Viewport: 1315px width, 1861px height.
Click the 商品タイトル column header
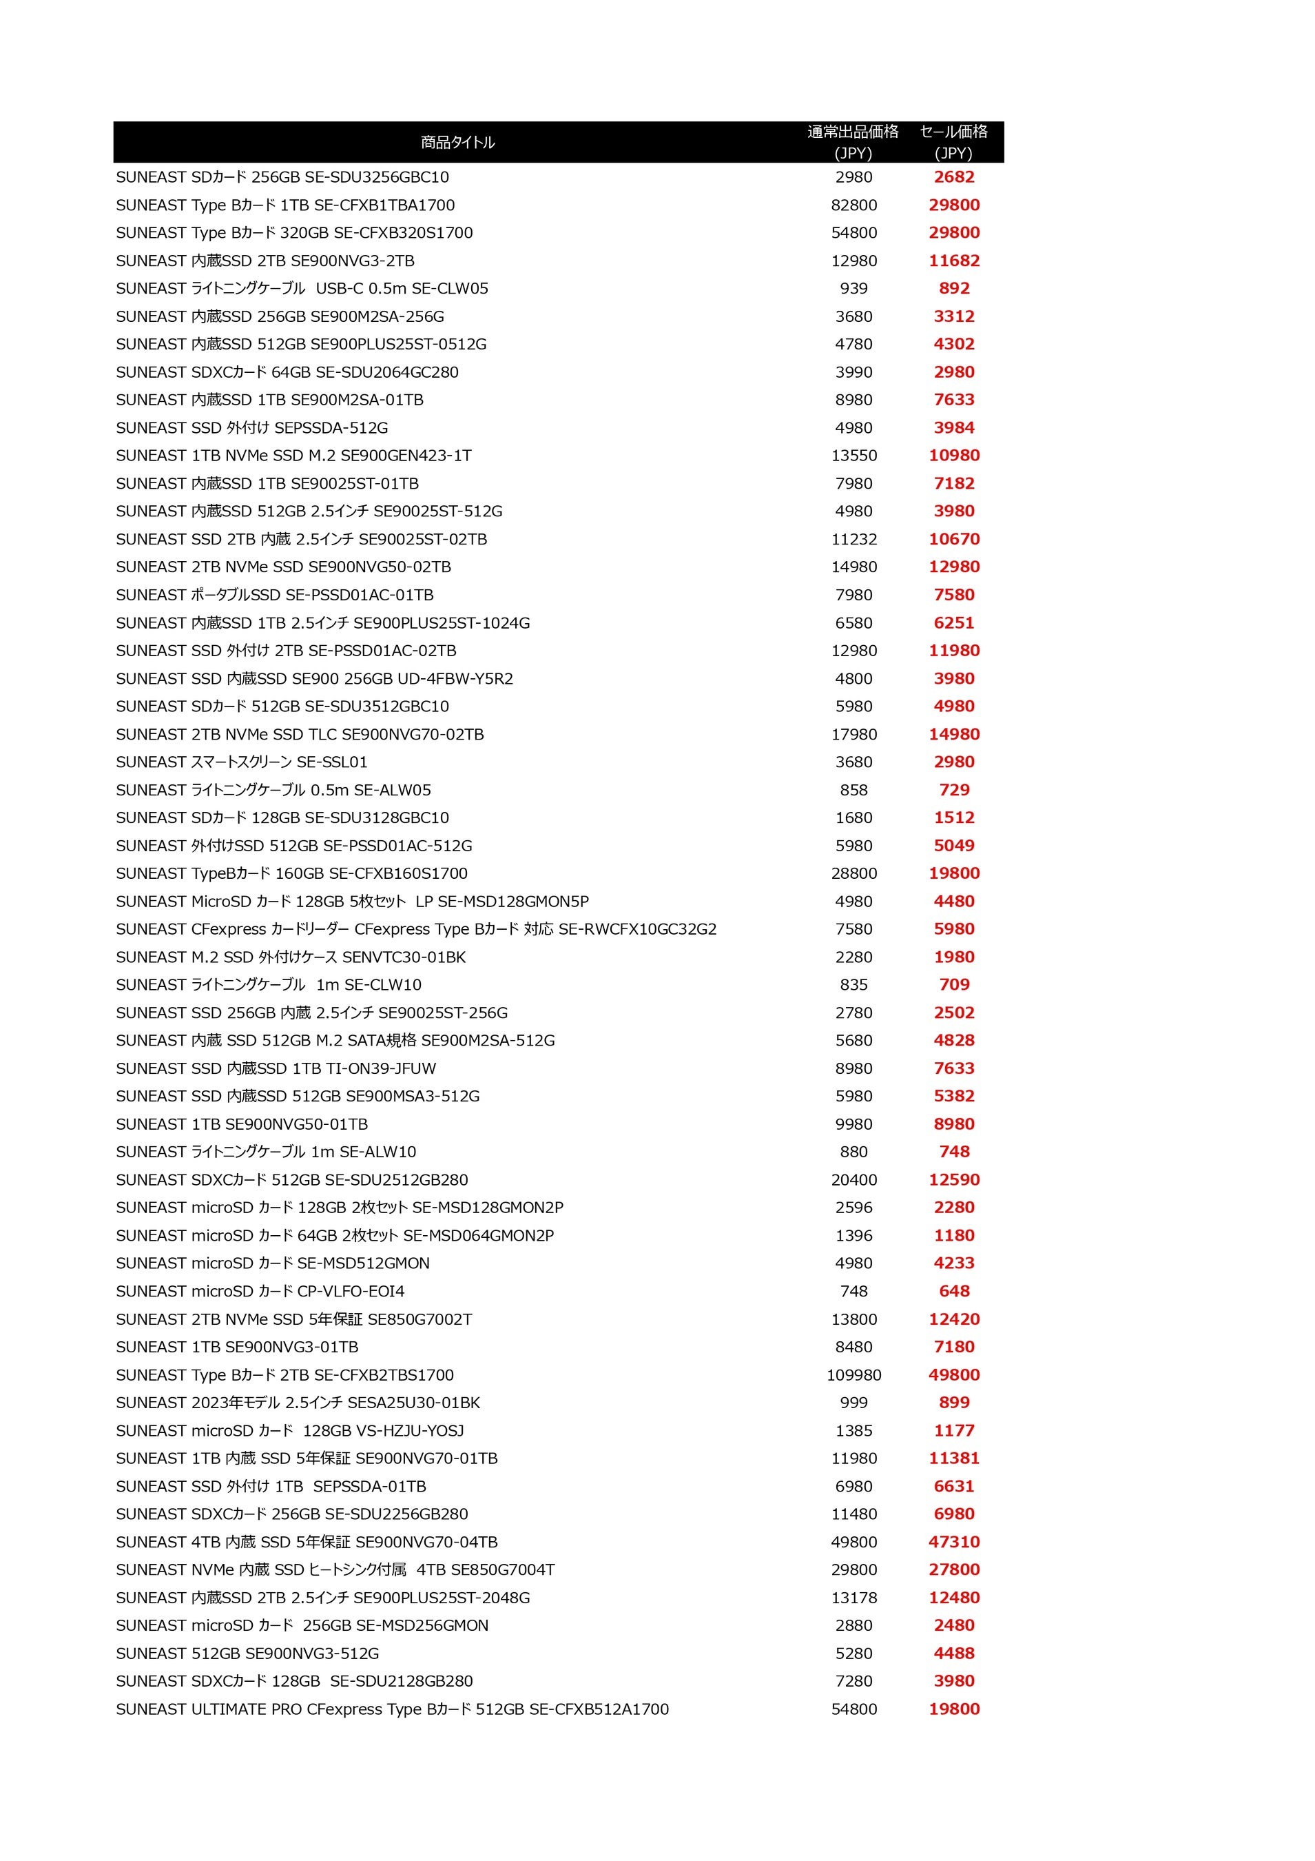458,143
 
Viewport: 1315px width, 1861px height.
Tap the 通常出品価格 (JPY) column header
853,142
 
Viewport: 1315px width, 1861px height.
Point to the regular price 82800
853,205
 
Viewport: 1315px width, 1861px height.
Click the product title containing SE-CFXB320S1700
294,233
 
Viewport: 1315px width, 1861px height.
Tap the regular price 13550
853,456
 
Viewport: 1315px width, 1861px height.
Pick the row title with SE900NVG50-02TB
284,567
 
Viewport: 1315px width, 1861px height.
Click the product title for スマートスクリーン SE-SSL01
242,762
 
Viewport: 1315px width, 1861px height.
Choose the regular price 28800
853,873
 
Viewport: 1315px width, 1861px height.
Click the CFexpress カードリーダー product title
415,929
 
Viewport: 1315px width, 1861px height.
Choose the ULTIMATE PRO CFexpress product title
392,1709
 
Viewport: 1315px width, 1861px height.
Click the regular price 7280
853,1681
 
